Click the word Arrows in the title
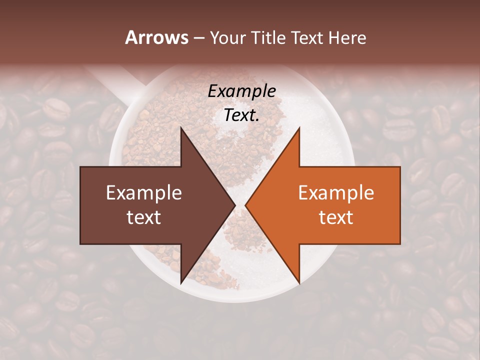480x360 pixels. (157, 37)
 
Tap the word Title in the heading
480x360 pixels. (268, 37)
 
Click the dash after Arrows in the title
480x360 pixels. (199, 38)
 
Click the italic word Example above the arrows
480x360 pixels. (242, 91)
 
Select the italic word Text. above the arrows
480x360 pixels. (242, 115)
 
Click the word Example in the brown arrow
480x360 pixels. (144, 193)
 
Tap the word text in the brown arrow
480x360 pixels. (144, 217)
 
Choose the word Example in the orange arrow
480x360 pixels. (336, 193)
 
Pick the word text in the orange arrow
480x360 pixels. (336, 217)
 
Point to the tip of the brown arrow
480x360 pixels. (235, 205)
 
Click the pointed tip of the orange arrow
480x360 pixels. (245, 205)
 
